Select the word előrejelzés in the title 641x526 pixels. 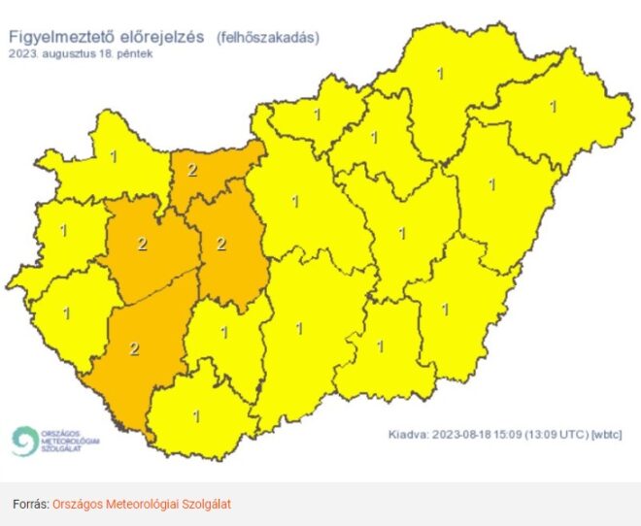161,37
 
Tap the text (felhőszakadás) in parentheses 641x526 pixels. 267,38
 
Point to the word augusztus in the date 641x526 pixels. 71,53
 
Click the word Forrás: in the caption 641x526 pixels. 30,505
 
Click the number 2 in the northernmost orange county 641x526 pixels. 192,171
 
